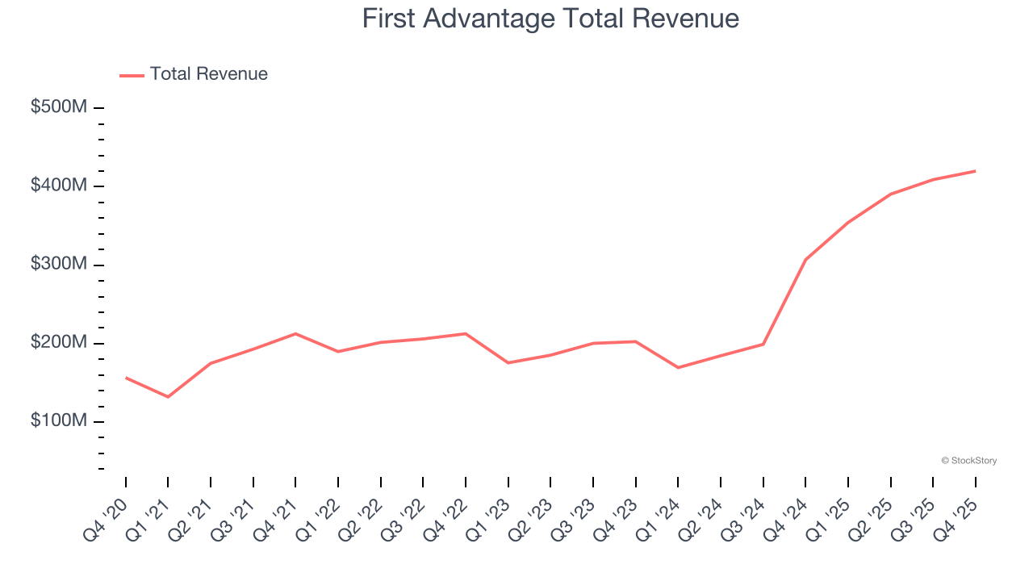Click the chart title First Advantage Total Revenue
click(550, 19)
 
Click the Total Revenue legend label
click(208, 74)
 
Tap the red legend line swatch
click(132, 75)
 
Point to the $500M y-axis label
click(59, 107)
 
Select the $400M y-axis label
click(59, 186)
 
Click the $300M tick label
click(59, 265)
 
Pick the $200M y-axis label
click(59, 343)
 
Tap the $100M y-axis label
click(59, 422)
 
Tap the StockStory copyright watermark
click(968, 461)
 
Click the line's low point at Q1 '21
click(168, 397)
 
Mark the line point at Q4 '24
click(805, 260)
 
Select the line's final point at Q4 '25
click(975, 171)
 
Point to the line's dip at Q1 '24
click(678, 368)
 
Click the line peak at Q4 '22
click(466, 333)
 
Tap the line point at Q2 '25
click(890, 194)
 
